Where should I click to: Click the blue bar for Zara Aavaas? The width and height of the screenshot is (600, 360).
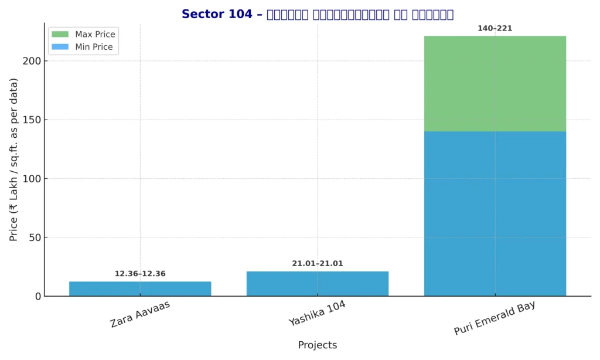[140, 288]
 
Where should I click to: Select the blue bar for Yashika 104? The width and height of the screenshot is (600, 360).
[317, 284]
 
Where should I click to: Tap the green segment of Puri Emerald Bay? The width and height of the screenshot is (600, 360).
[495, 84]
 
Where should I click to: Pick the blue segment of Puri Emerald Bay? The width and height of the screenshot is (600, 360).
[495, 213]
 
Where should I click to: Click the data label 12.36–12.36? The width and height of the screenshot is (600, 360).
[140, 274]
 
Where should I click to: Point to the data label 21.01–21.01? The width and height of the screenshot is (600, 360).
[317, 264]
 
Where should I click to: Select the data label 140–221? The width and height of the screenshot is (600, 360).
[495, 28]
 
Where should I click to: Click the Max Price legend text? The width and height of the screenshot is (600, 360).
[95, 35]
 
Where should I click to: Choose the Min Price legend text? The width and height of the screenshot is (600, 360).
[94, 47]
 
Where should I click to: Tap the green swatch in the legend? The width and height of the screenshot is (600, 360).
[60, 35]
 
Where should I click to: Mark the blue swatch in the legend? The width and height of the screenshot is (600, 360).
[60, 47]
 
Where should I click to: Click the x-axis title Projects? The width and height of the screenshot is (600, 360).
[317, 345]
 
